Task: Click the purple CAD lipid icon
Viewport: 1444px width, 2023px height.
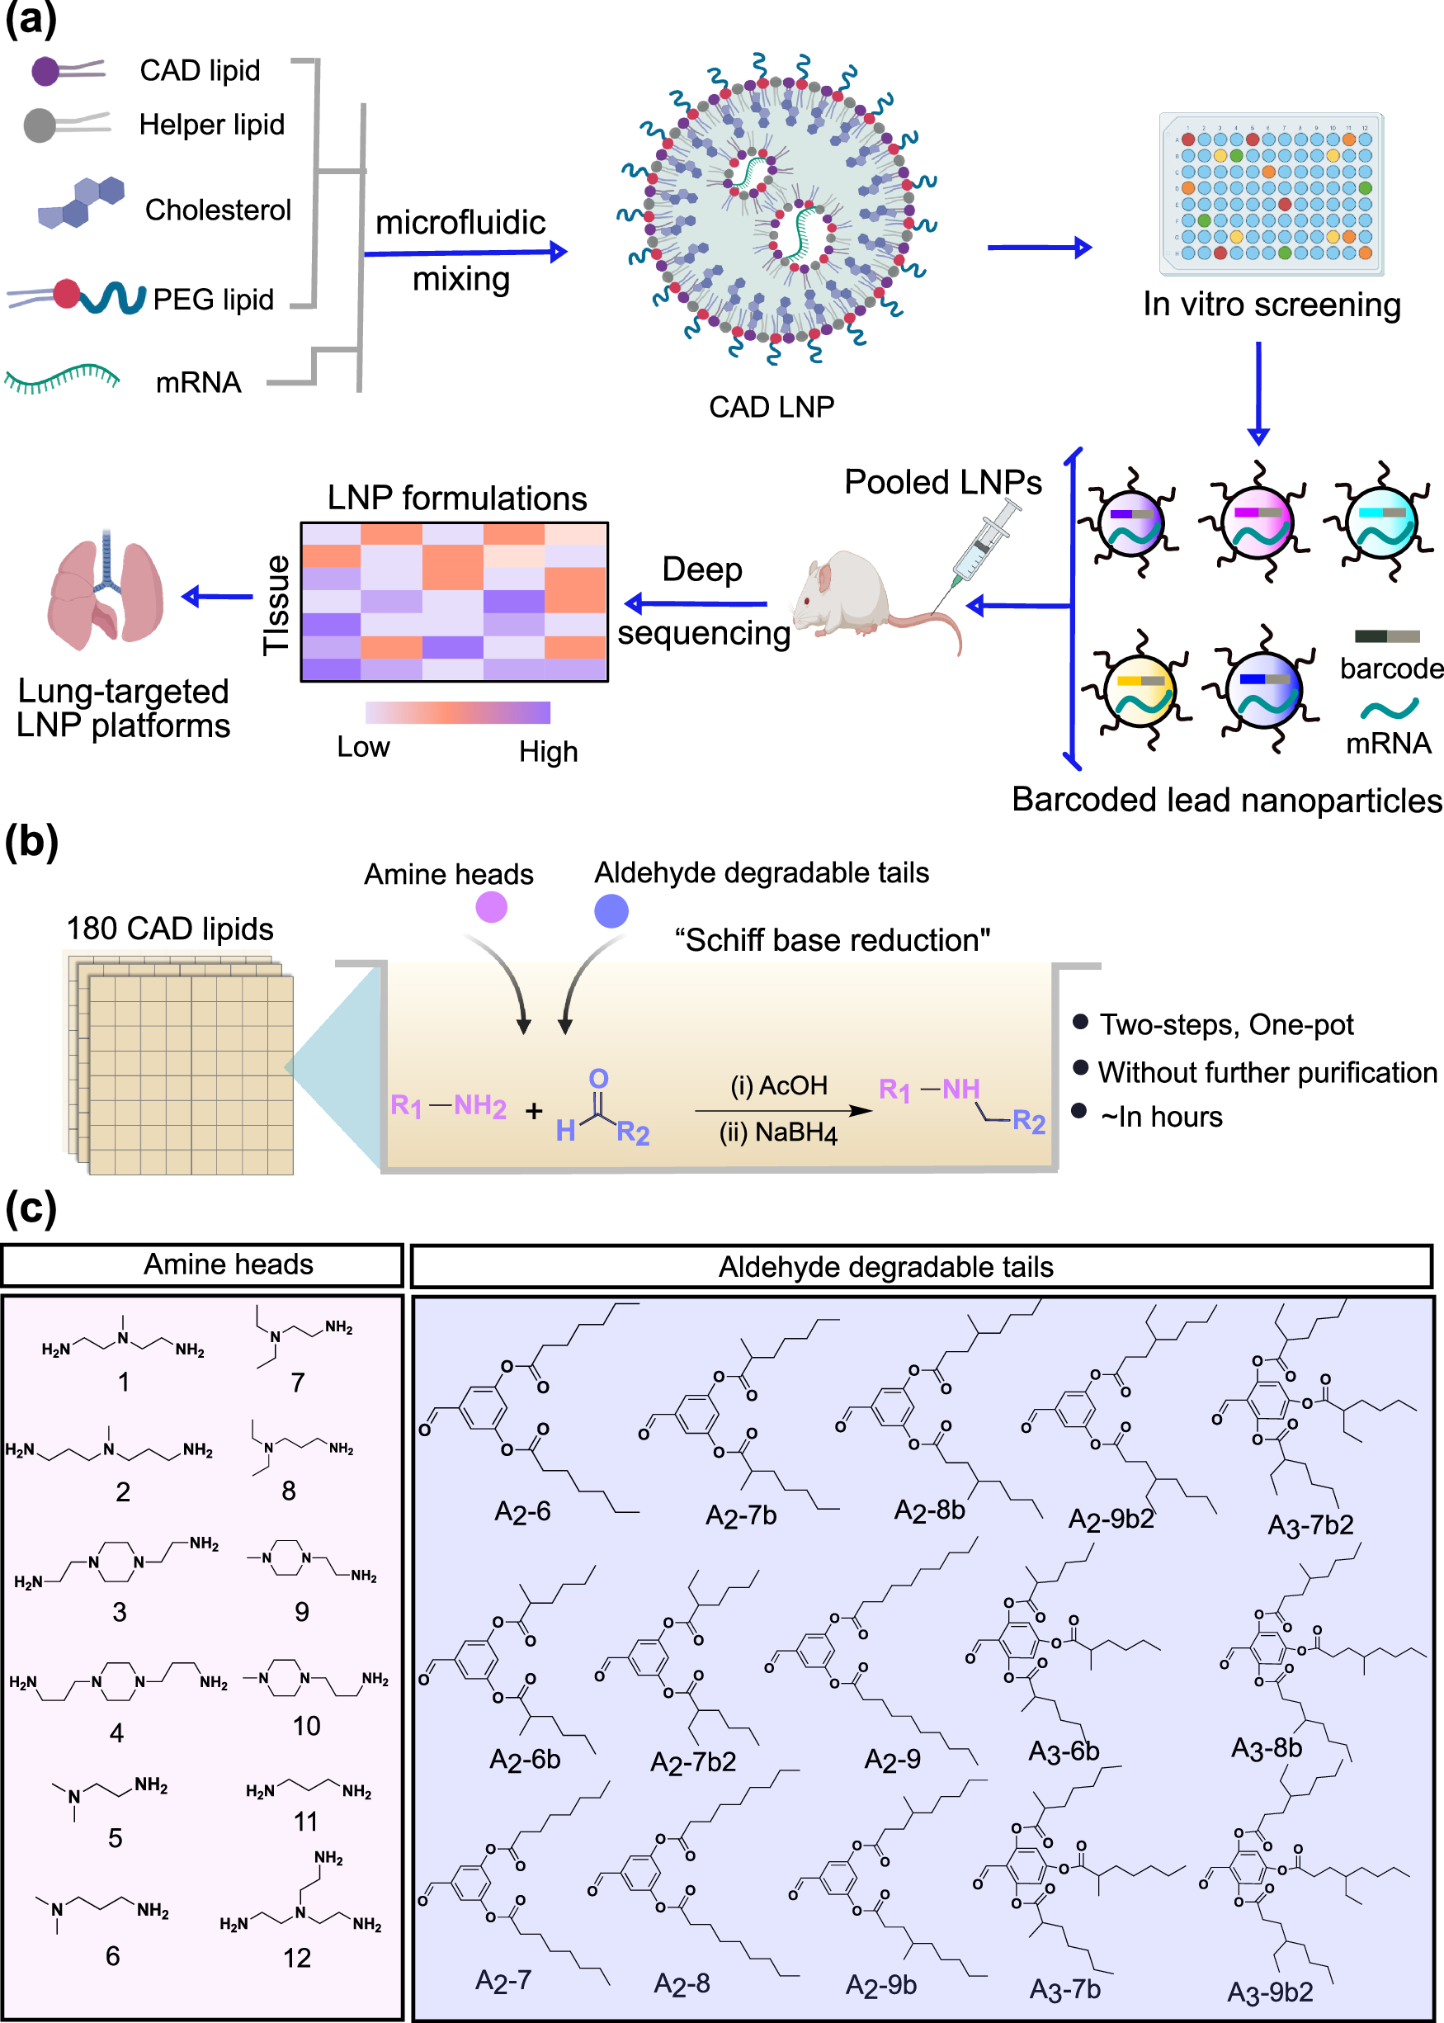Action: pyautogui.click(x=47, y=70)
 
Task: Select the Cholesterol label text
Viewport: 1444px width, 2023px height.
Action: pyautogui.click(x=218, y=210)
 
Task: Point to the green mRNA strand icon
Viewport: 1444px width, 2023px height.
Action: pyautogui.click(x=61, y=379)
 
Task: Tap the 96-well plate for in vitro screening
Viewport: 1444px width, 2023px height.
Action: pyautogui.click(x=1272, y=194)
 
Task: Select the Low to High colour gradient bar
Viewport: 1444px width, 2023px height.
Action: pyautogui.click(x=457, y=712)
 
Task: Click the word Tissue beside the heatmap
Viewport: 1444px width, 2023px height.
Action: pyautogui.click(x=276, y=605)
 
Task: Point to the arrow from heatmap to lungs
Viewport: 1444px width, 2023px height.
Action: pyautogui.click(x=217, y=597)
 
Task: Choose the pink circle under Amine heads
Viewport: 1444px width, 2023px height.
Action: pyautogui.click(x=491, y=907)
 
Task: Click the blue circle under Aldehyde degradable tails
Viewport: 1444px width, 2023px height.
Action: pyautogui.click(x=611, y=910)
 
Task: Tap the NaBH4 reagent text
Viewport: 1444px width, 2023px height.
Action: pyautogui.click(x=778, y=1133)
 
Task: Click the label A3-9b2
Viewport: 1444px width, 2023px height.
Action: pyautogui.click(x=1270, y=1992)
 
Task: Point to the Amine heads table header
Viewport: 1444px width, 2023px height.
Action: pyautogui.click(x=229, y=1264)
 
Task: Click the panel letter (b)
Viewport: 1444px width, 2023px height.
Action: pyautogui.click(x=31, y=841)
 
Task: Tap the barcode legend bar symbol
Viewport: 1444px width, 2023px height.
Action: pyautogui.click(x=1386, y=636)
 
